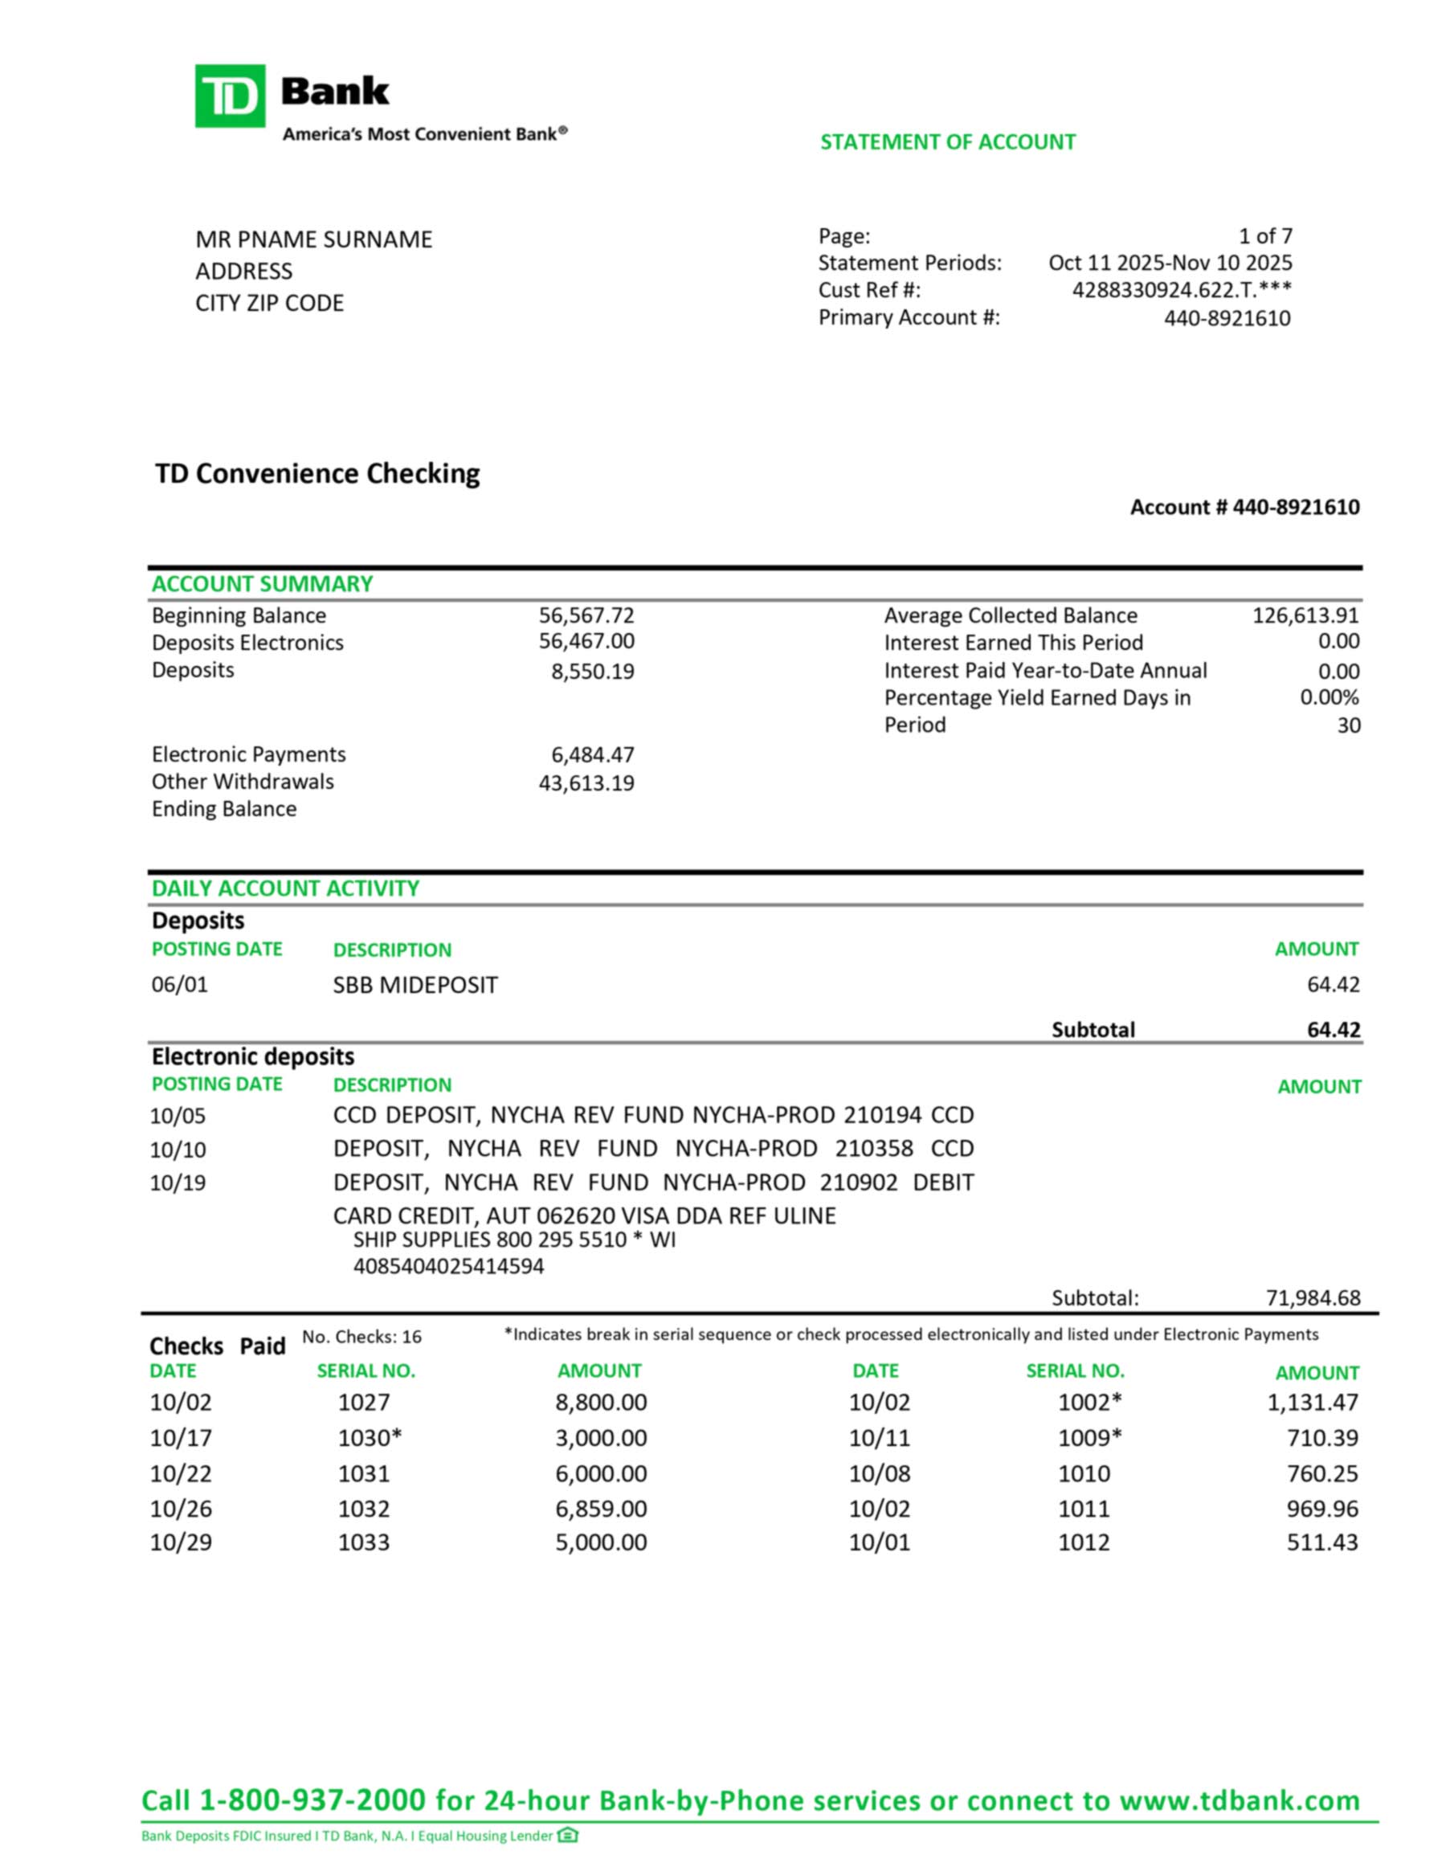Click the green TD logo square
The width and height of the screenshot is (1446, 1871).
[230, 96]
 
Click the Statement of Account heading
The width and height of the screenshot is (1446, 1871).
[947, 142]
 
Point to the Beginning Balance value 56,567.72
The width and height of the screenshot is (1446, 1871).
[586, 616]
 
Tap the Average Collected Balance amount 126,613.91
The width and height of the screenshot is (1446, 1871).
[1305, 616]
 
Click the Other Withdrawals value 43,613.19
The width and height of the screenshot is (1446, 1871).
[586, 783]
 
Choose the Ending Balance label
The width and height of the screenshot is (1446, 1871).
[223, 810]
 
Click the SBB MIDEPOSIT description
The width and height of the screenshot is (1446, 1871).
[415, 985]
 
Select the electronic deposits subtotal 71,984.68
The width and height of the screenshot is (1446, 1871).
[1313, 1298]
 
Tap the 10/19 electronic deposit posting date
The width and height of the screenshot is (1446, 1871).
[178, 1183]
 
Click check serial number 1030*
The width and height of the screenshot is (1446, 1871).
[370, 1437]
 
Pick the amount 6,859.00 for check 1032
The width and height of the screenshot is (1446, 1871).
[601, 1509]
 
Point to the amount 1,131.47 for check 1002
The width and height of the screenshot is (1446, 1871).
[1313, 1403]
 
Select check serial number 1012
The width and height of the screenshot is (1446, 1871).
[1084, 1543]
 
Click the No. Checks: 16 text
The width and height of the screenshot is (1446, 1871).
[361, 1338]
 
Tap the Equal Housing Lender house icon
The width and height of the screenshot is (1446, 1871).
[567, 1835]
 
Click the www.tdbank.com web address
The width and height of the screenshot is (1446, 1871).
[1240, 1800]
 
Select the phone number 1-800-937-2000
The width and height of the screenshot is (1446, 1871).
[312, 1800]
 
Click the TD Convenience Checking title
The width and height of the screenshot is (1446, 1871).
[317, 474]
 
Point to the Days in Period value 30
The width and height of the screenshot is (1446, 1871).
[1348, 725]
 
